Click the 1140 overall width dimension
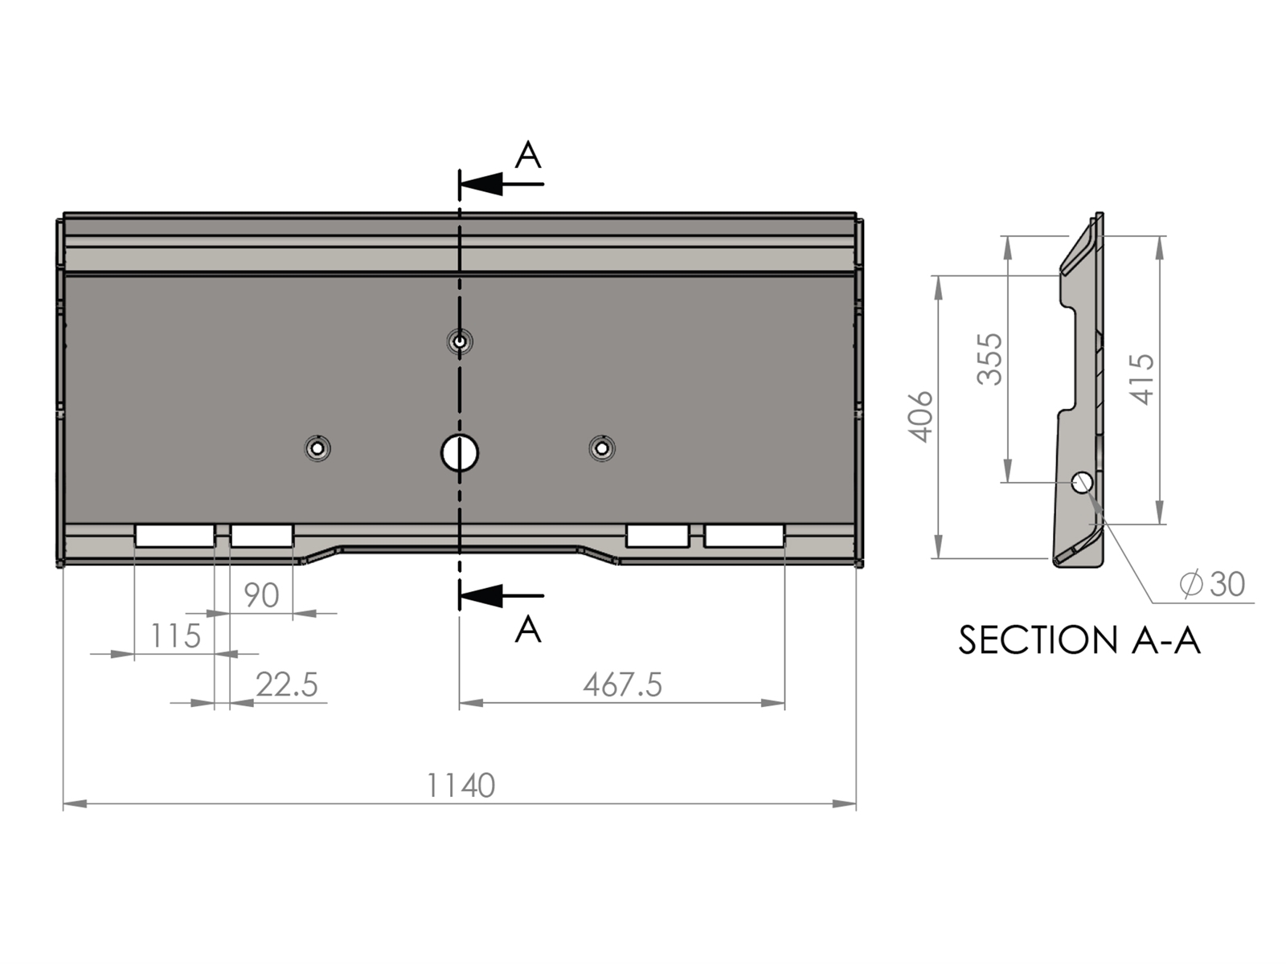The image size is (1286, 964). coord(461,786)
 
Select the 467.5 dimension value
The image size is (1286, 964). coord(622,684)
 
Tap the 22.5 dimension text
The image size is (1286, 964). coord(287,684)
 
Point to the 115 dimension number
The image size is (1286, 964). coord(176,635)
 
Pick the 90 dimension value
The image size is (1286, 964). coord(261,595)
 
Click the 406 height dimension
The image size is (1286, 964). coord(920,416)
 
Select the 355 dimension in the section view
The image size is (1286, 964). coord(990,359)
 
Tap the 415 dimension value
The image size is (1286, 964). coord(1142,379)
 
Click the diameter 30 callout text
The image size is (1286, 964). coord(1212,584)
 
